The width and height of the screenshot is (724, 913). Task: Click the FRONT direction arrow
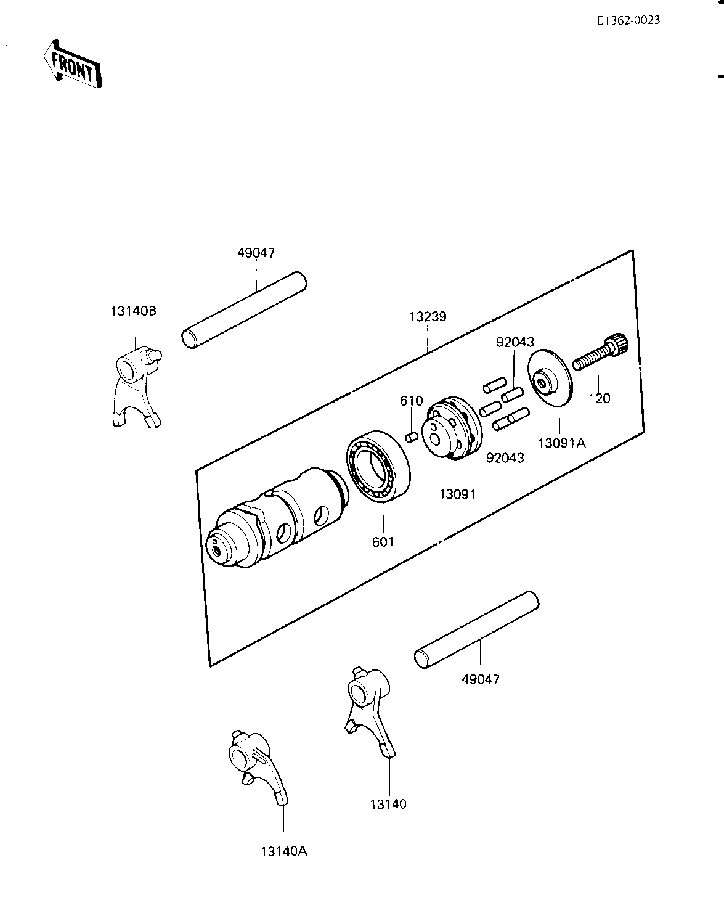pos(73,64)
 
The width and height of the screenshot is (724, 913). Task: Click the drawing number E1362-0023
pos(628,20)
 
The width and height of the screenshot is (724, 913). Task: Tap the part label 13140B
pos(134,311)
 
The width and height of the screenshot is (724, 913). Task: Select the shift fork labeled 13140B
pos(137,387)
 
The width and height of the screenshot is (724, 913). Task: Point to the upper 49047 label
pos(256,253)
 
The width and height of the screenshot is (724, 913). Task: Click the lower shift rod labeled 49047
pos(477,629)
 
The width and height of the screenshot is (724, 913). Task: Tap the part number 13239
pos(428,317)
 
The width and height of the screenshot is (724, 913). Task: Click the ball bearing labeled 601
pos(378,467)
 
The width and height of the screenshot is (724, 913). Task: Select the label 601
pos(383,542)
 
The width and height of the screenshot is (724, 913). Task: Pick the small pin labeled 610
pos(412,437)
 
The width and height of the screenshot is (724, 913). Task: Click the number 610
pos(412,401)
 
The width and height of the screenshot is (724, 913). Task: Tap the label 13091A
pos(562,443)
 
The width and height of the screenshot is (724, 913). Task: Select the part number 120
pos(600,398)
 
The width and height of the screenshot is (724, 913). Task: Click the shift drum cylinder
pos(277,518)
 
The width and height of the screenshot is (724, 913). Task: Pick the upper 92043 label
pos(515,342)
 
